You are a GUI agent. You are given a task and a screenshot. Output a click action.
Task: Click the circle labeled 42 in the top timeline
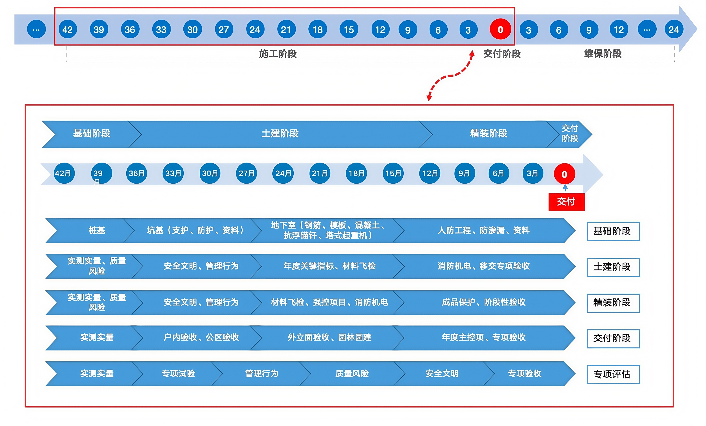pos(68,29)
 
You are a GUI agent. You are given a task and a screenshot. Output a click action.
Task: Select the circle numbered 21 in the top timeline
pos(286,29)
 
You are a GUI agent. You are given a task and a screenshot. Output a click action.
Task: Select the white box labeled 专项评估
pos(613,374)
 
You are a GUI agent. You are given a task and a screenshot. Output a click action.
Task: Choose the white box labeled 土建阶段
pos(613,267)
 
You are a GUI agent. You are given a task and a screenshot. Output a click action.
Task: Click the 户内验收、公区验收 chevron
pos(201,338)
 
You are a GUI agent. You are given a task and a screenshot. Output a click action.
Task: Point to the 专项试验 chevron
pos(178,374)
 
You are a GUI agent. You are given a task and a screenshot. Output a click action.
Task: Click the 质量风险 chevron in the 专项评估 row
pos(352,374)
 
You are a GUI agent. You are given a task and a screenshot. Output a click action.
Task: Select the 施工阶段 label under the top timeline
pos(278,54)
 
